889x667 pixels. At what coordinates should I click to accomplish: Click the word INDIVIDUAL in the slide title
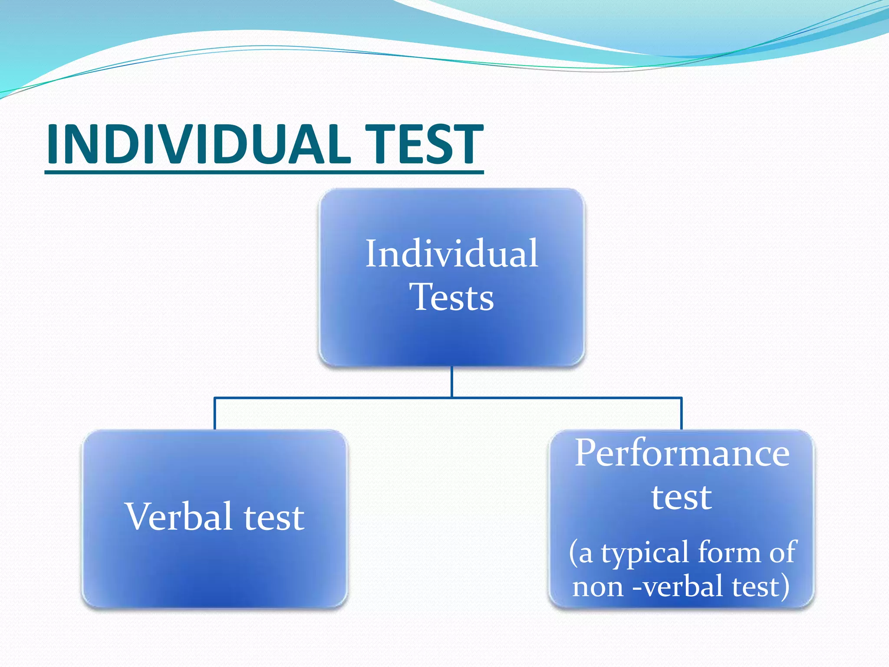(198, 144)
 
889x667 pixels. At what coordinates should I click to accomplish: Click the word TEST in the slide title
(423, 144)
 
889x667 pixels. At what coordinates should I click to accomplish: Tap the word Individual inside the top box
(451, 254)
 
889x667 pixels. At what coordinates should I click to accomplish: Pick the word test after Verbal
(274, 518)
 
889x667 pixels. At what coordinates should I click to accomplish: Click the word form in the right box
(729, 552)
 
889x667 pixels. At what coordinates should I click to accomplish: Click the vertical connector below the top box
(452, 381)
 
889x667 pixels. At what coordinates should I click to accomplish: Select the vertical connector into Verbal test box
(214, 413)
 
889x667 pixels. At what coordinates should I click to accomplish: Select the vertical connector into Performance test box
(682, 413)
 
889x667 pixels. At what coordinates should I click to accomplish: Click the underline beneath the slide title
(264, 172)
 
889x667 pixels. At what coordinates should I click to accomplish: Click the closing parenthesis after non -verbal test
(785, 587)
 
